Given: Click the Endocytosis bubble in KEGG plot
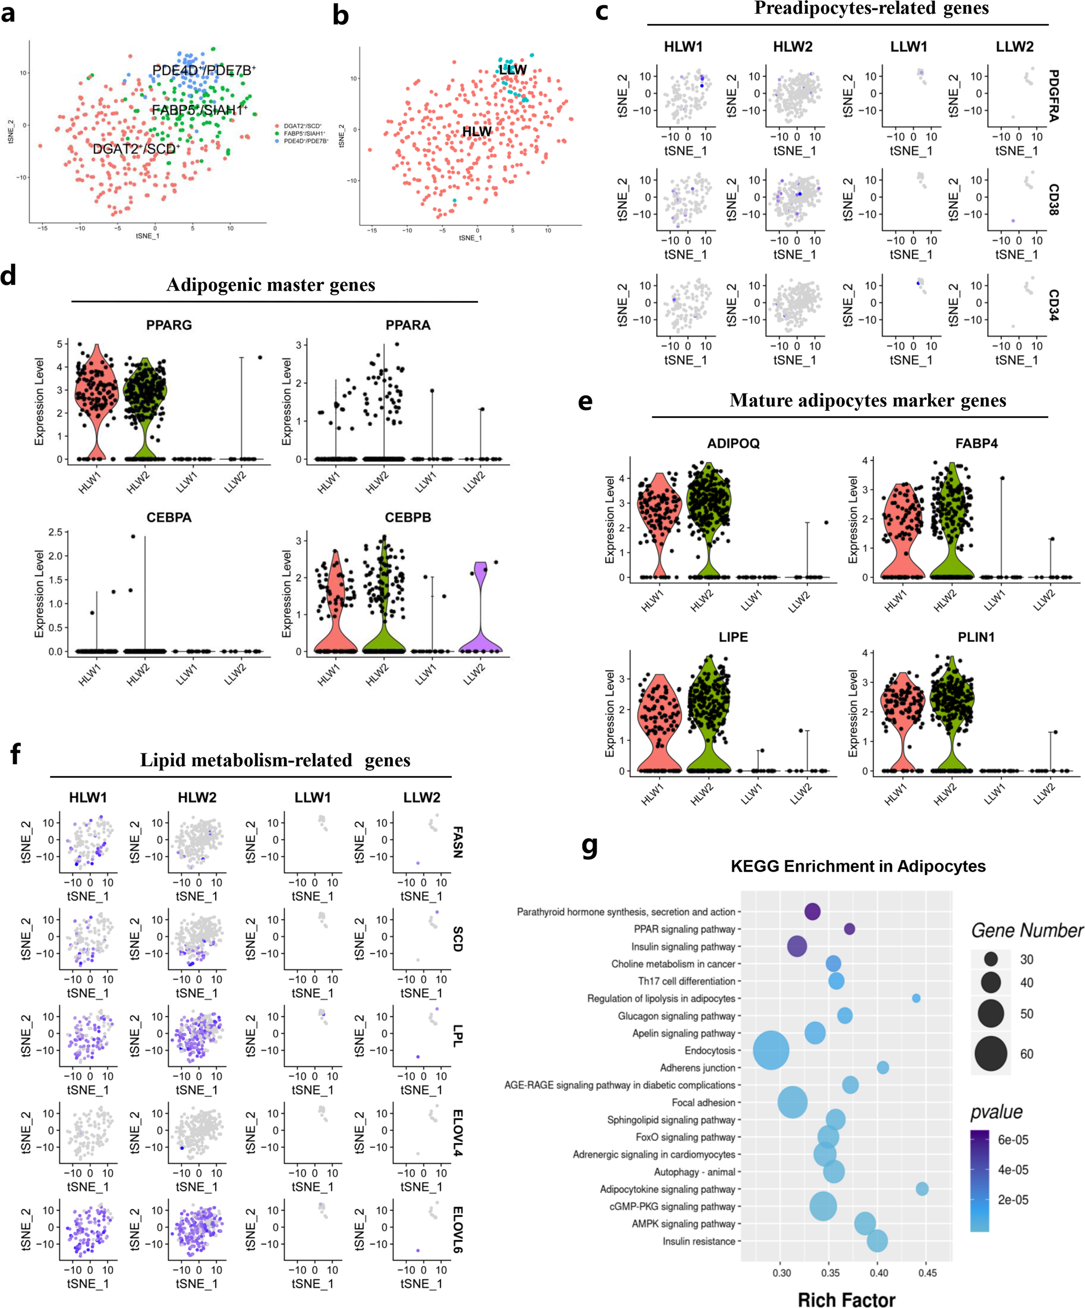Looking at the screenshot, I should click(x=771, y=1050).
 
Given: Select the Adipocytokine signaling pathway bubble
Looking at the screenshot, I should click(x=922, y=1189).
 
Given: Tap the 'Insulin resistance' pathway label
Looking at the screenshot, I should click(x=698, y=1241).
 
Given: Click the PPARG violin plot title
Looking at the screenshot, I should click(x=169, y=325).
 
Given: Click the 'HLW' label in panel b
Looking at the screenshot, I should click(x=477, y=131).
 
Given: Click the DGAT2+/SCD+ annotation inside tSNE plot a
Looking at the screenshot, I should click(x=136, y=149).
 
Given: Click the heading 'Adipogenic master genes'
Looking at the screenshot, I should click(x=270, y=285).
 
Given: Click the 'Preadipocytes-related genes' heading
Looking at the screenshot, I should click(x=871, y=8).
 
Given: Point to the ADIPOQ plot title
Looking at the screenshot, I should click(x=733, y=443).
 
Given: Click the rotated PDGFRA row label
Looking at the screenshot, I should click(x=1053, y=95).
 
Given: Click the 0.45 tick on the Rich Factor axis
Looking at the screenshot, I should click(x=927, y=1273).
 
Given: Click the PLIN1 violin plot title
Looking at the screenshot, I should click(x=975, y=637).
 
